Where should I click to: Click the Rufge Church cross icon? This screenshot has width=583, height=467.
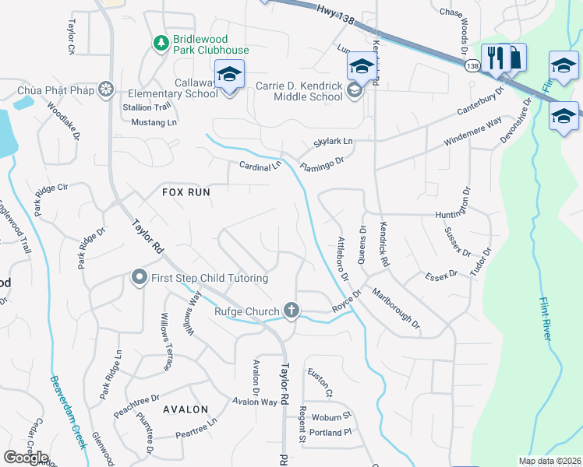[x=291, y=311]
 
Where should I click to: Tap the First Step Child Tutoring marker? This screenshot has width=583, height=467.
[x=140, y=277]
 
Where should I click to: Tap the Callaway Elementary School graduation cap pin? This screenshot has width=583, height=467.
[x=229, y=74]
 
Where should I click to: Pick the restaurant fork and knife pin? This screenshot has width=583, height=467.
[x=494, y=57]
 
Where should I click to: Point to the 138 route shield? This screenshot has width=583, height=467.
[x=472, y=68]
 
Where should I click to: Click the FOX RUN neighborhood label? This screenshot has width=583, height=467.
[x=185, y=191]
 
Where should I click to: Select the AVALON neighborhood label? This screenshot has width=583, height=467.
[x=185, y=409]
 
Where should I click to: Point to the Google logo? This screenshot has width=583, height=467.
[x=26, y=457]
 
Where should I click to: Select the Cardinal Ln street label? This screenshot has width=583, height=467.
[x=260, y=167]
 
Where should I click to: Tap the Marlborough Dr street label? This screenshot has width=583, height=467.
[x=395, y=307]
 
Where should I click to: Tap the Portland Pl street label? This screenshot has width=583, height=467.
[x=330, y=432]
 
